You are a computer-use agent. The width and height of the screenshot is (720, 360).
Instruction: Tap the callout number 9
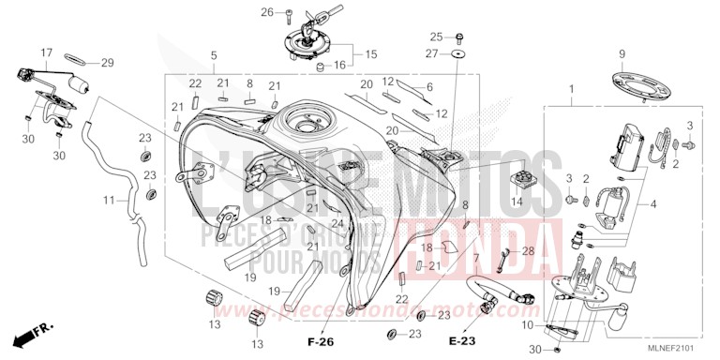coord(620,53)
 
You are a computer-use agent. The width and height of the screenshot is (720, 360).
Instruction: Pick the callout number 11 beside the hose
coord(108,201)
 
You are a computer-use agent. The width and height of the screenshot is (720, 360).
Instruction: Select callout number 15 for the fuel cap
coord(370,53)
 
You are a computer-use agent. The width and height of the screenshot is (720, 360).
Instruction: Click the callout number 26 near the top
coord(266,12)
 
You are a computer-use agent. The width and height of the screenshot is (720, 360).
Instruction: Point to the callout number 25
coord(435,37)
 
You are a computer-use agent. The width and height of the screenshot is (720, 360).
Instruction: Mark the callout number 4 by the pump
coord(653,202)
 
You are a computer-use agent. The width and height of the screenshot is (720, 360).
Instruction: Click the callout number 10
coord(526,325)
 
